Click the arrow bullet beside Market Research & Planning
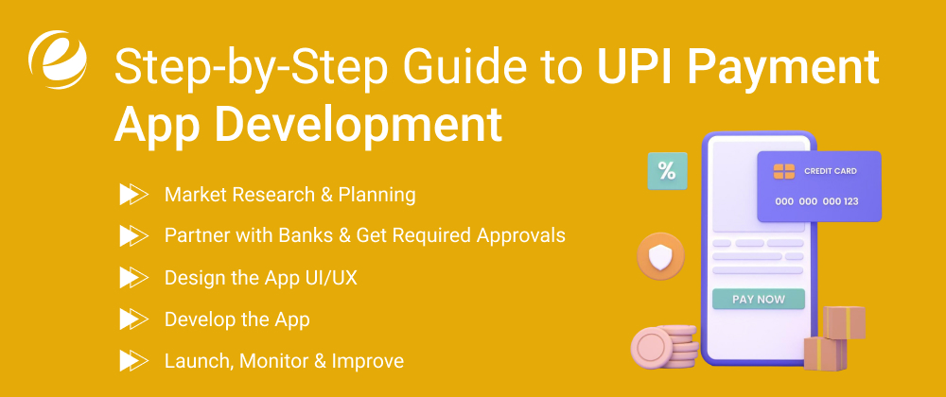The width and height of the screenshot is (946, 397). click(133, 195)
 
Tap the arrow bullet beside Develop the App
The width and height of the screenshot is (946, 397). click(133, 319)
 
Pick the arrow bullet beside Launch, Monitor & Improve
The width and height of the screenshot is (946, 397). click(133, 361)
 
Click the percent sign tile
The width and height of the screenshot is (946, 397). click(667, 171)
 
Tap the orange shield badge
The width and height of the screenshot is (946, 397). click(660, 255)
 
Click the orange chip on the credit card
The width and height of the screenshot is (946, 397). click(783, 171)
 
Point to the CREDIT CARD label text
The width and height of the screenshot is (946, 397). click(831, 171)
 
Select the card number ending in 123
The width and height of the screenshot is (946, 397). click(816, 201)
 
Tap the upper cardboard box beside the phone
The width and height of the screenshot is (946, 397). click(843, 322)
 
